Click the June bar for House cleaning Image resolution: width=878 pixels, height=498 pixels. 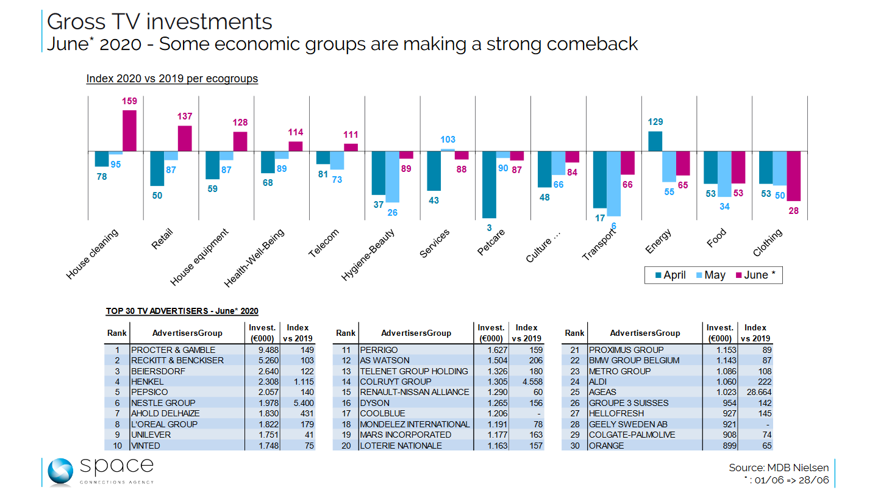tap(129, 130)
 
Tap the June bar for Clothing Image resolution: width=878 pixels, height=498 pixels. tap(793, 176)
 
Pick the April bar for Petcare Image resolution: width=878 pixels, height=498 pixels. tap(488, 184)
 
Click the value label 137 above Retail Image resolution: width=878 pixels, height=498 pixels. tap(185, 116)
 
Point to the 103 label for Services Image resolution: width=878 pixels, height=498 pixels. tap(448, 140)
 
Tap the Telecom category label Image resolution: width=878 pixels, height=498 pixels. tap(324, 243)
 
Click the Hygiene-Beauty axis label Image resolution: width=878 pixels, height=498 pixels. tap(368, 254)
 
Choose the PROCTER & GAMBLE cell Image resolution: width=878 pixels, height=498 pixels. tap(173, 350)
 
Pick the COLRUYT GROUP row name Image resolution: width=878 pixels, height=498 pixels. tap(395, 382)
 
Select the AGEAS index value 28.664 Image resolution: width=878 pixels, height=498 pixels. tap(756, 393)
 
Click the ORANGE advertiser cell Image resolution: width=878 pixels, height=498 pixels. tap(607, 446)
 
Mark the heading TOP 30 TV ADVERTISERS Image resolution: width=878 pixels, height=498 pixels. tap(182, 311)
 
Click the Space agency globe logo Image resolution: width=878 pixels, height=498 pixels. tap(60, 472)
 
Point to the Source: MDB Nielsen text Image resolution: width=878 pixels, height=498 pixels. tap(779, 468)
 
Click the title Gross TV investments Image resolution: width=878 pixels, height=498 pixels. tap(160, 21)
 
